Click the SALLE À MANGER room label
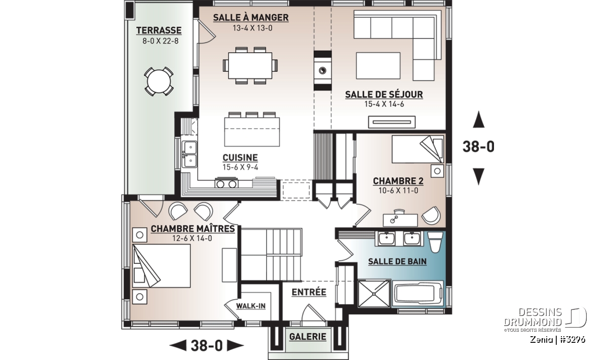point(250,18)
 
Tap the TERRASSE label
point(159,30)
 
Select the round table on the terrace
point(159,82)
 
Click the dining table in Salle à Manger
point(250,66)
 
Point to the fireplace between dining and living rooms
point(322,70)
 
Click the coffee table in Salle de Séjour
point(378,66)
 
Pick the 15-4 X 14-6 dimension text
point(384,104)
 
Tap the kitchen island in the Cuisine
point(252,132)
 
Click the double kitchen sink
point(189,154)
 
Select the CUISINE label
point(240,157)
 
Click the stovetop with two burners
point(226,183)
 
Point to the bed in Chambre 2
point(417,149)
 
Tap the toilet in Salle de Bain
point(435,242)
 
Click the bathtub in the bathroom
point(417,294)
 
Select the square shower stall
point(374,294)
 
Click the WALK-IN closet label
point(251,306)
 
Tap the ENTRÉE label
point(309,292)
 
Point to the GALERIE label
point(308,337)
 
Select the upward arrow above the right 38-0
point(478,119)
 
